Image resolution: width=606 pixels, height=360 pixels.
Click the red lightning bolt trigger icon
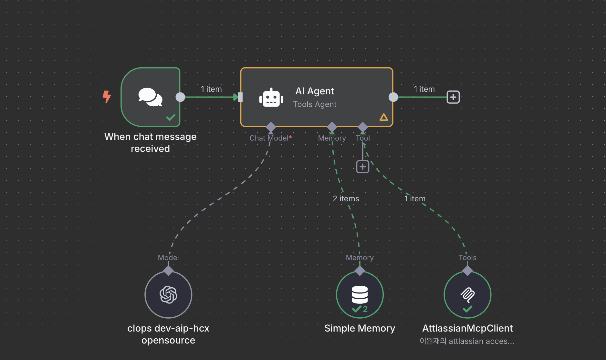(107, 97)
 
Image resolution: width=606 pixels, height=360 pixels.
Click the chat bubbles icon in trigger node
(150, 97)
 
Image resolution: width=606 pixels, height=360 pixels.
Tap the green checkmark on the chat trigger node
(171, 117)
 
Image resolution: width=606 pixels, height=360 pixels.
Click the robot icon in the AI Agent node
(271, 98)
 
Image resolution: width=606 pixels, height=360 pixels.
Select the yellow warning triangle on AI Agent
(383, 117)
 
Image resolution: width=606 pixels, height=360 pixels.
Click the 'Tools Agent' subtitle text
(314, 104)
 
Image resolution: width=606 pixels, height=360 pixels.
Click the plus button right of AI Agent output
(453, 97)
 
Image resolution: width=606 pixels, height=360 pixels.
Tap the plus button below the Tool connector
(362, 167)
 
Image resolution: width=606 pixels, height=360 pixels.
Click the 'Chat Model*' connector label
(270, 138)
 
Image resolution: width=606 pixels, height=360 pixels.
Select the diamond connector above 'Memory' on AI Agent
(332, 127)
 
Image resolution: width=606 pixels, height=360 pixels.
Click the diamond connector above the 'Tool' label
(362, 127)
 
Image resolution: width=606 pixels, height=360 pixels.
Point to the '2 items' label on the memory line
(346, 198)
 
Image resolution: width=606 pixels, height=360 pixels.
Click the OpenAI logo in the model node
(168, 295)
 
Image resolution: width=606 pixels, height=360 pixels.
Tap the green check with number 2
(360, 309)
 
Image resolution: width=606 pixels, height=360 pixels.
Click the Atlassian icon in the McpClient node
(467, 294)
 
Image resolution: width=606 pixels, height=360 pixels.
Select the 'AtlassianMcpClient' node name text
(467, 328)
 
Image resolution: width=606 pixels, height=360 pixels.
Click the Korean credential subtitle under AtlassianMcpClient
(466, 341)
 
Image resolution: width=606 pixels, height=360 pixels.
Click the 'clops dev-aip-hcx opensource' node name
(168, 334)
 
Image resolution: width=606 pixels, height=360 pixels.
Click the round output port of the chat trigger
(180, 97)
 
